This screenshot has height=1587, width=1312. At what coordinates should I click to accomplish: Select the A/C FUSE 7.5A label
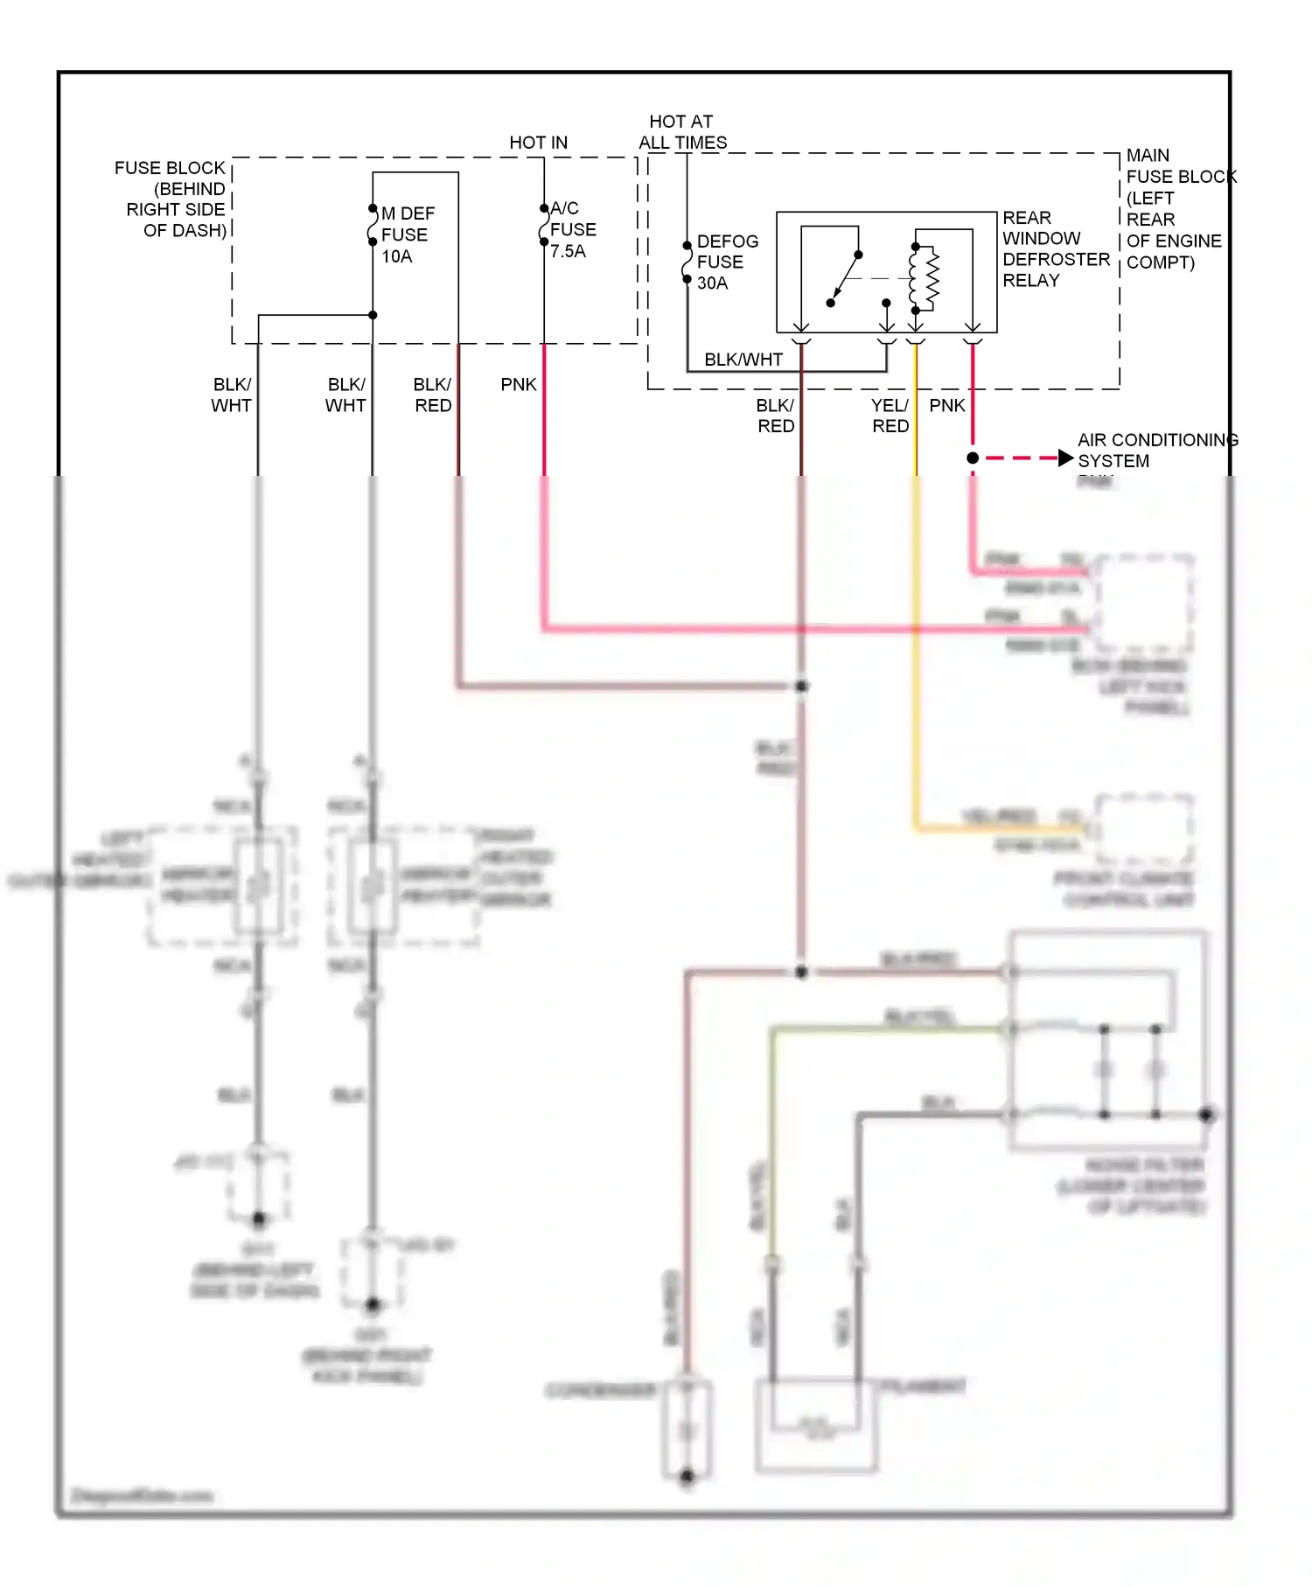[x=572, y=229]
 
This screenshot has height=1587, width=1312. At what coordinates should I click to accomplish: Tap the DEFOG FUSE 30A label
[x=725, y=262]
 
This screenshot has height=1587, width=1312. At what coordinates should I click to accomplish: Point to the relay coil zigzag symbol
[x=932, y=280]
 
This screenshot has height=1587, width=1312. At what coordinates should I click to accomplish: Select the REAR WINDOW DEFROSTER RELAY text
[x=1054, y=248]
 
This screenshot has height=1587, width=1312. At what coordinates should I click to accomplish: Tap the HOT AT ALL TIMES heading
[x=682, y=131]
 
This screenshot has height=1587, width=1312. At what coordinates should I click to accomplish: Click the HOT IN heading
[x=538, y=143]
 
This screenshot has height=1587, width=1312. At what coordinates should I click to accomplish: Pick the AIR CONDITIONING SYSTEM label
[x=1156, y=450]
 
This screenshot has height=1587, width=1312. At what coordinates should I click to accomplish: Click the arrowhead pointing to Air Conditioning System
[x=1064, y=458]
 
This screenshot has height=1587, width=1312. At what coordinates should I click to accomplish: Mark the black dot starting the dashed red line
[x=973, y=458]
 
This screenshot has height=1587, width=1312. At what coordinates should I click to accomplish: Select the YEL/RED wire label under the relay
[x=890, y=416]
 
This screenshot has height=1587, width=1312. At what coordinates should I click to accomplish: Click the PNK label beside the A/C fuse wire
[x=518, y=384]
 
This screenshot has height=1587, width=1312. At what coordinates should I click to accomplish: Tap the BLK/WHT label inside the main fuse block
[x=743, y=359]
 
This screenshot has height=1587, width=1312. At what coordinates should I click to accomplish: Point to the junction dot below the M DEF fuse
[x=373, y=315]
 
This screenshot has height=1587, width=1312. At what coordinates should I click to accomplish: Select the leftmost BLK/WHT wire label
[x=232, y=395]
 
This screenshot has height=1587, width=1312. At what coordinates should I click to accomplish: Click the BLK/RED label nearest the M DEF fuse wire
[x=433, y=395]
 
